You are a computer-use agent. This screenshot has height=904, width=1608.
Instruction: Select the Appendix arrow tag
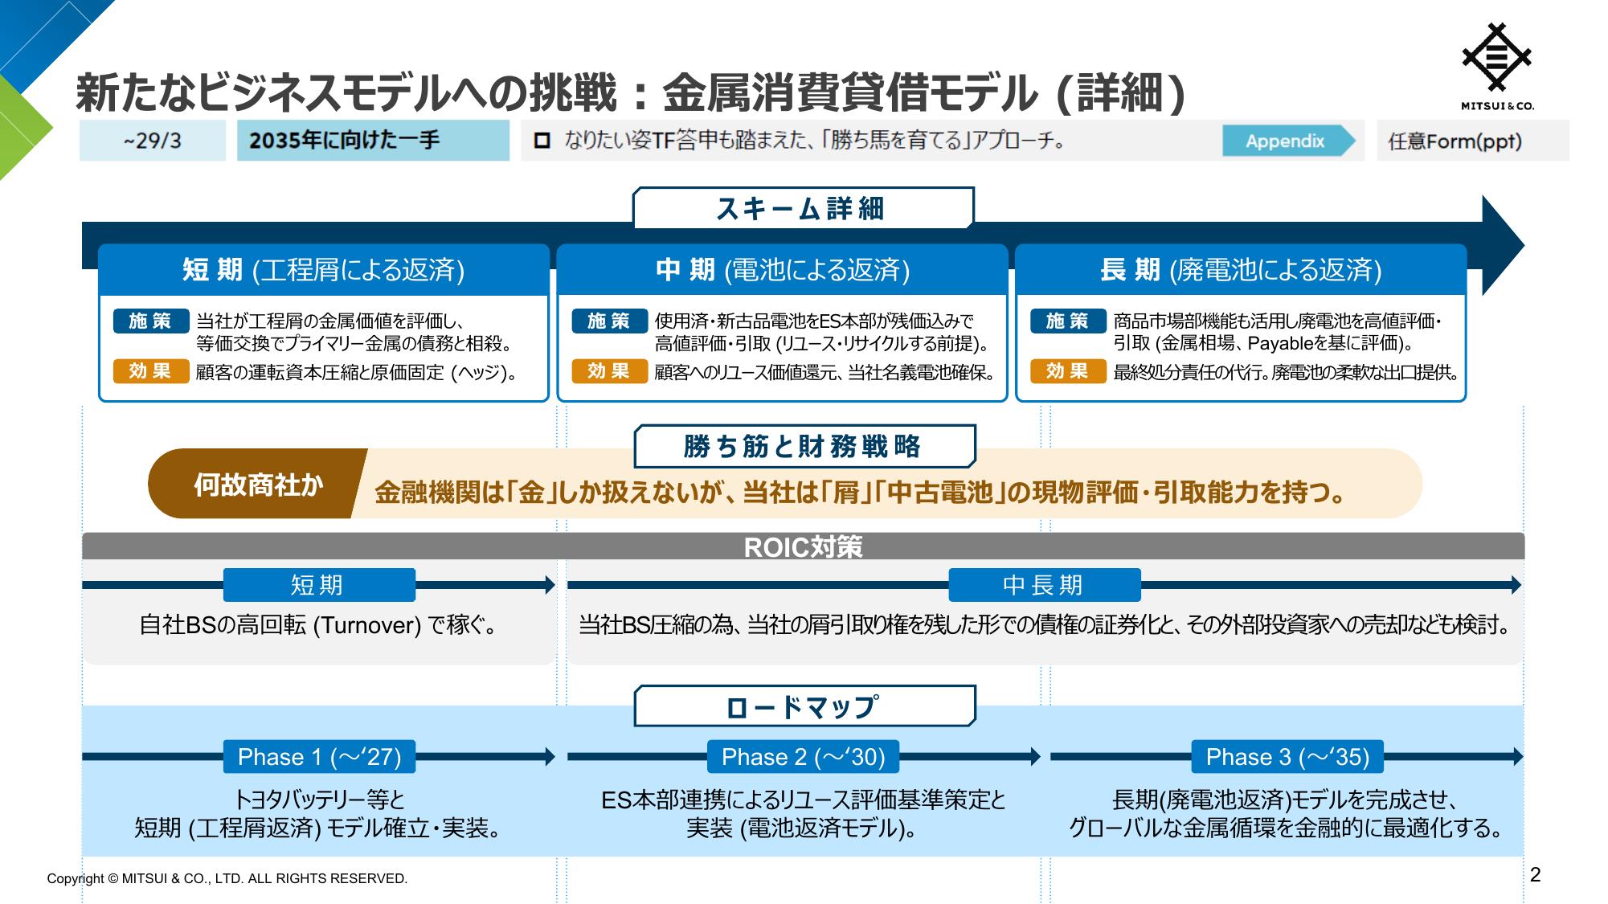coord(1288,141)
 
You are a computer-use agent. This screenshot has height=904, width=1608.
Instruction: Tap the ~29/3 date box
coord(152,141)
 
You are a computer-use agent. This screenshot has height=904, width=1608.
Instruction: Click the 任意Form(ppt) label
coord(1455,141)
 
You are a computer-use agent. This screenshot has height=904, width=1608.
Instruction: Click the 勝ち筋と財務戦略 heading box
coord(804,446)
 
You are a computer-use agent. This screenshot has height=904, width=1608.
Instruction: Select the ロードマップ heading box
coord(804,706)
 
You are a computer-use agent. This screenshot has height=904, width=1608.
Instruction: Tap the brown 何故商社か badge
coord(257,484)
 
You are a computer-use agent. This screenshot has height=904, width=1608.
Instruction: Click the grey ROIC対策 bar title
coord(803,546)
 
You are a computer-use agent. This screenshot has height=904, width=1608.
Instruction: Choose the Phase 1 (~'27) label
coord(319,756)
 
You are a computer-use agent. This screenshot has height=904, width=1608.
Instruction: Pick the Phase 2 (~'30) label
coord(803,756)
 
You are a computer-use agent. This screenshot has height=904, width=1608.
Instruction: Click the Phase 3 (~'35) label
coord(1287,756)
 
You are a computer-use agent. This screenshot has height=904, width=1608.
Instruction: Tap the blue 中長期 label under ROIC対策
coord(1044,585)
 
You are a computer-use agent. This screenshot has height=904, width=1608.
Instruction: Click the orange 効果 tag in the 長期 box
coord(1068,371)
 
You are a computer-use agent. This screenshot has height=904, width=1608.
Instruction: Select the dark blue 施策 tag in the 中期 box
coord(609,321)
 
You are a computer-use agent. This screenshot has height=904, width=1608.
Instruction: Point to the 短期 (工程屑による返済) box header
coord(324,270)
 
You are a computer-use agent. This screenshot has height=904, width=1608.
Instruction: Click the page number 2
coord(1535,875)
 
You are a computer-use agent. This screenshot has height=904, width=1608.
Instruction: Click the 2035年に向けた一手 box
coord(373,141)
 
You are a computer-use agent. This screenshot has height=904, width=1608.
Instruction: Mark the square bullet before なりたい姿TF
coord(542,141)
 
